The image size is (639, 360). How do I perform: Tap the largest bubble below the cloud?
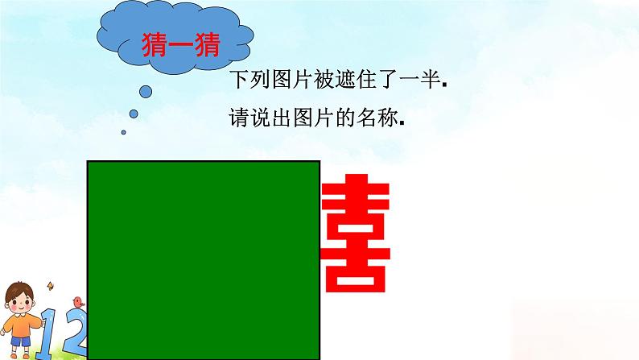146,91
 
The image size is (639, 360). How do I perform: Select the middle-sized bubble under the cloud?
134,114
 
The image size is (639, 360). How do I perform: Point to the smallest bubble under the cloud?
123,132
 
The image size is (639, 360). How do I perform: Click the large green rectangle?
204,258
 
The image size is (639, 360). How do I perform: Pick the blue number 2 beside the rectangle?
76,334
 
